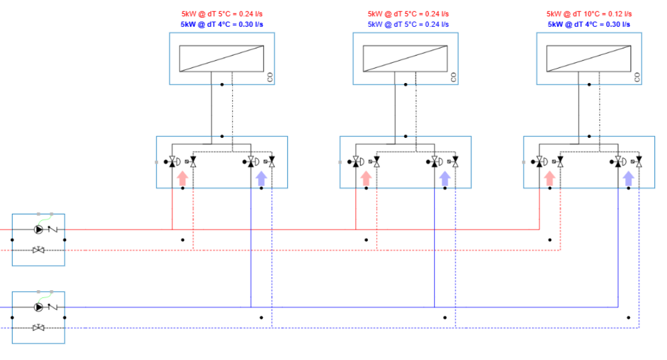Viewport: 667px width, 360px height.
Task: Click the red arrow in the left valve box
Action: point(183,178)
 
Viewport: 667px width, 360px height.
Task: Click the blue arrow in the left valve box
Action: point(261,178)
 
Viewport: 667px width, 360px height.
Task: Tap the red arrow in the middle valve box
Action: point(366,178)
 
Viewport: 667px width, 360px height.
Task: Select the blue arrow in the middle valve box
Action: point(444,178)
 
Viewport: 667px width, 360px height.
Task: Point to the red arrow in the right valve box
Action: point(550,178)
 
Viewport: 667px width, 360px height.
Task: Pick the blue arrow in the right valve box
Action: point(628,178)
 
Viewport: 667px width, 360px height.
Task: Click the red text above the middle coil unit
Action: point(408,14)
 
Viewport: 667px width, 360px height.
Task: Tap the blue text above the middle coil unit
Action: point(408,24)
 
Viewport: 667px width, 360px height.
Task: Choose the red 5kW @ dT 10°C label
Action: point(589,14)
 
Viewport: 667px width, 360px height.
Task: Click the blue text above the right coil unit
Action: point(589,24)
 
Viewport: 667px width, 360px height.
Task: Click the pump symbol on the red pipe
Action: point(39,229)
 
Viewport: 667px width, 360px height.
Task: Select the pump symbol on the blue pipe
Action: point(39,307)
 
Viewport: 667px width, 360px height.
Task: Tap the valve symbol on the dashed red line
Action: point(39,250)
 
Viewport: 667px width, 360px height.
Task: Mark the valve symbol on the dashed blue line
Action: point(39,328)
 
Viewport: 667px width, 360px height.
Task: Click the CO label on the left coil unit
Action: point(269,77)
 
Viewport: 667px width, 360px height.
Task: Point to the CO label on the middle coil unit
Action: point(453,77)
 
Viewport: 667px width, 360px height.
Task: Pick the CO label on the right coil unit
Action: point(637,77)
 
